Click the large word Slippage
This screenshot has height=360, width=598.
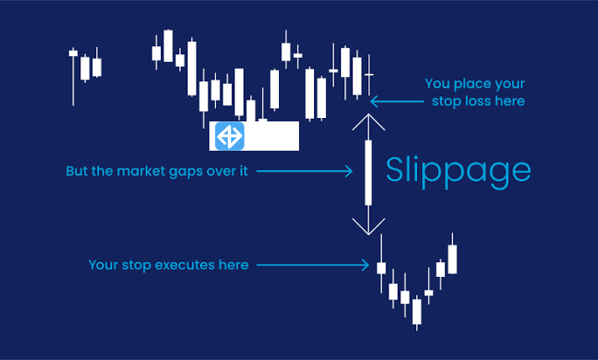(x=457, y=171)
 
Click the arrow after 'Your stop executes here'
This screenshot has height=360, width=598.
(x=312, y=265)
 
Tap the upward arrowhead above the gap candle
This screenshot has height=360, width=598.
(x=368, y=123)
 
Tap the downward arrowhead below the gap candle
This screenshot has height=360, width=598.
(x=368, y=224)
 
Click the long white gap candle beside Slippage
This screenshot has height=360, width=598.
(x=368, y=173)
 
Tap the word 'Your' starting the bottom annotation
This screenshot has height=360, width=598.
(x=103, y=265)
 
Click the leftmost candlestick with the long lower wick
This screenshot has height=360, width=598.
(x=73, y=54)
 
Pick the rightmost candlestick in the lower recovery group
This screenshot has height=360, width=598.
(x=452, y=259)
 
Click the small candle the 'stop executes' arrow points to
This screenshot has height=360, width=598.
(x=381, y=268)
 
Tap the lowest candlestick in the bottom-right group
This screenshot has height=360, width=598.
(x=416, y=311)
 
